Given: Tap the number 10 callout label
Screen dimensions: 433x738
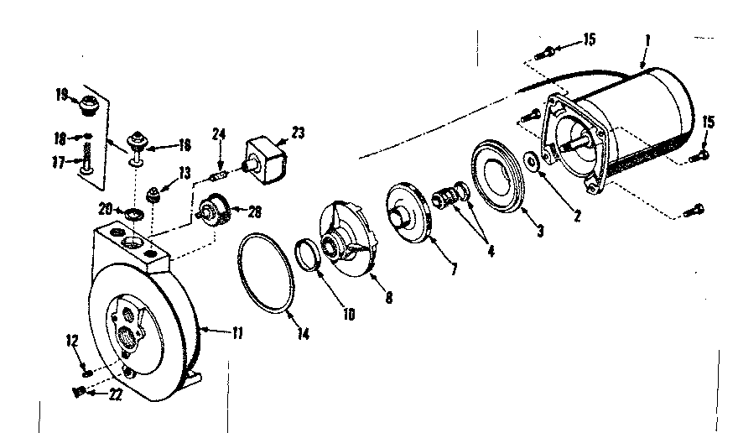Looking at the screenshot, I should pos(347,315).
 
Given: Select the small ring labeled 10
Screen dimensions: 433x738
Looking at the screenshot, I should pos(309,254).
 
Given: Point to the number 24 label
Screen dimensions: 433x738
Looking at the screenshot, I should pos(220,133).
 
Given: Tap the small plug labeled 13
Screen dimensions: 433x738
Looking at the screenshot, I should pos(154,196).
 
